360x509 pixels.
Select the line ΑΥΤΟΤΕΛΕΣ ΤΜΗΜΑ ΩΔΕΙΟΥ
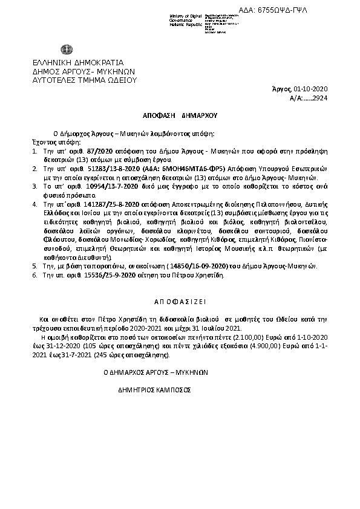[85, 79]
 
